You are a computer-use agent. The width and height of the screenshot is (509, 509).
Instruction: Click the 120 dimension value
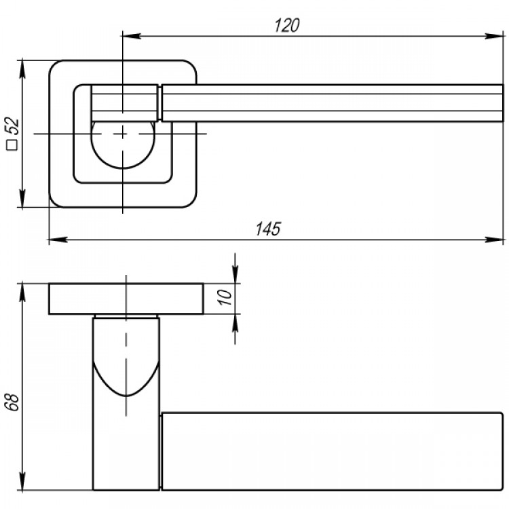click(x=287, y=25)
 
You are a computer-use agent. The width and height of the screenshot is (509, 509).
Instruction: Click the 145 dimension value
click(x=268, y=229)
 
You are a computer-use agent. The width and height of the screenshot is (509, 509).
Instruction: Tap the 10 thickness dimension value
click(x=225, y=297)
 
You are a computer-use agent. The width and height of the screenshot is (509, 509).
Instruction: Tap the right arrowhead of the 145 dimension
click(x=494, y=240)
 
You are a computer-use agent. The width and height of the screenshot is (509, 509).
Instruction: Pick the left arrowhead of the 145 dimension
click(x=58, y=240)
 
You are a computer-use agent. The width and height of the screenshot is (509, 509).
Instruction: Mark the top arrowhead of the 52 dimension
click(x=22, y=69)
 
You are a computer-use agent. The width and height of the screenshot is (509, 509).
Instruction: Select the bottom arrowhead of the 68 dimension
click(x=22, y=480)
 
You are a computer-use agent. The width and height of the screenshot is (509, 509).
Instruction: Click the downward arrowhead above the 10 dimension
click(x=235, y=275)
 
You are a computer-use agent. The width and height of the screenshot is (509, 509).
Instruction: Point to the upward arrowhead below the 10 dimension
click(x=235, y=323)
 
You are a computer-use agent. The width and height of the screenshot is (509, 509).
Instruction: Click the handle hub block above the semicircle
click(x=124, y=103)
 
